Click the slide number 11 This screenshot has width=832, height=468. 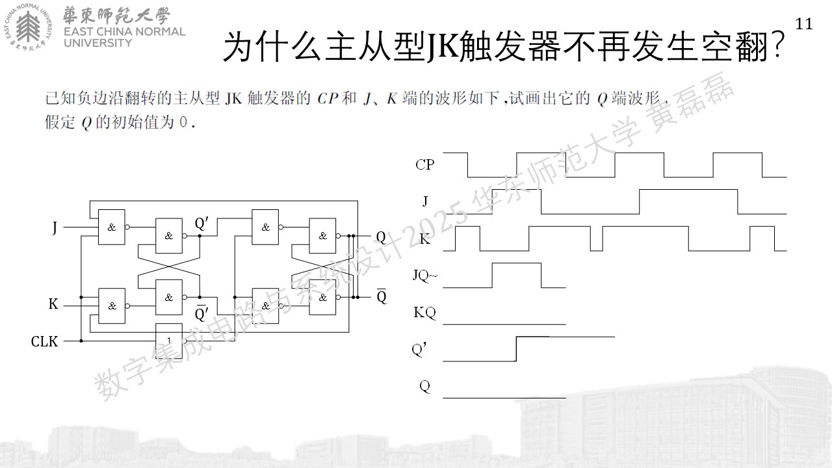804,24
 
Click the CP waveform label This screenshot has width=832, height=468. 425,164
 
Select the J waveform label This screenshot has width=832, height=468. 425,201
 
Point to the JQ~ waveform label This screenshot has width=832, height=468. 426,276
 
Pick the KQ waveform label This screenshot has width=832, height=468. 424,313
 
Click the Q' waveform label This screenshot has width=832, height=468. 419,350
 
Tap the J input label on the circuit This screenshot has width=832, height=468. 55,227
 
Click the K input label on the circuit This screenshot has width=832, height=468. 53,304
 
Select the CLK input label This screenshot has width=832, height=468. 45,341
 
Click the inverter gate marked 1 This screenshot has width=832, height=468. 169,340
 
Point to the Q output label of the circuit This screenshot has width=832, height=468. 381,237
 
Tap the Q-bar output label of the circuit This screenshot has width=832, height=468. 382,296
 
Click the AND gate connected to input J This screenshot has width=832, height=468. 111,227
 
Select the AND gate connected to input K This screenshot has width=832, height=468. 111,305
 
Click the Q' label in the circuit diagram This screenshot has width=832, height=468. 201,223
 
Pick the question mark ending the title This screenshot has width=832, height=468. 777,46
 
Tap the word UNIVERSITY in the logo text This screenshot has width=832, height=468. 97,43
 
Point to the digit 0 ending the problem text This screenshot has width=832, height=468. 183,122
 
